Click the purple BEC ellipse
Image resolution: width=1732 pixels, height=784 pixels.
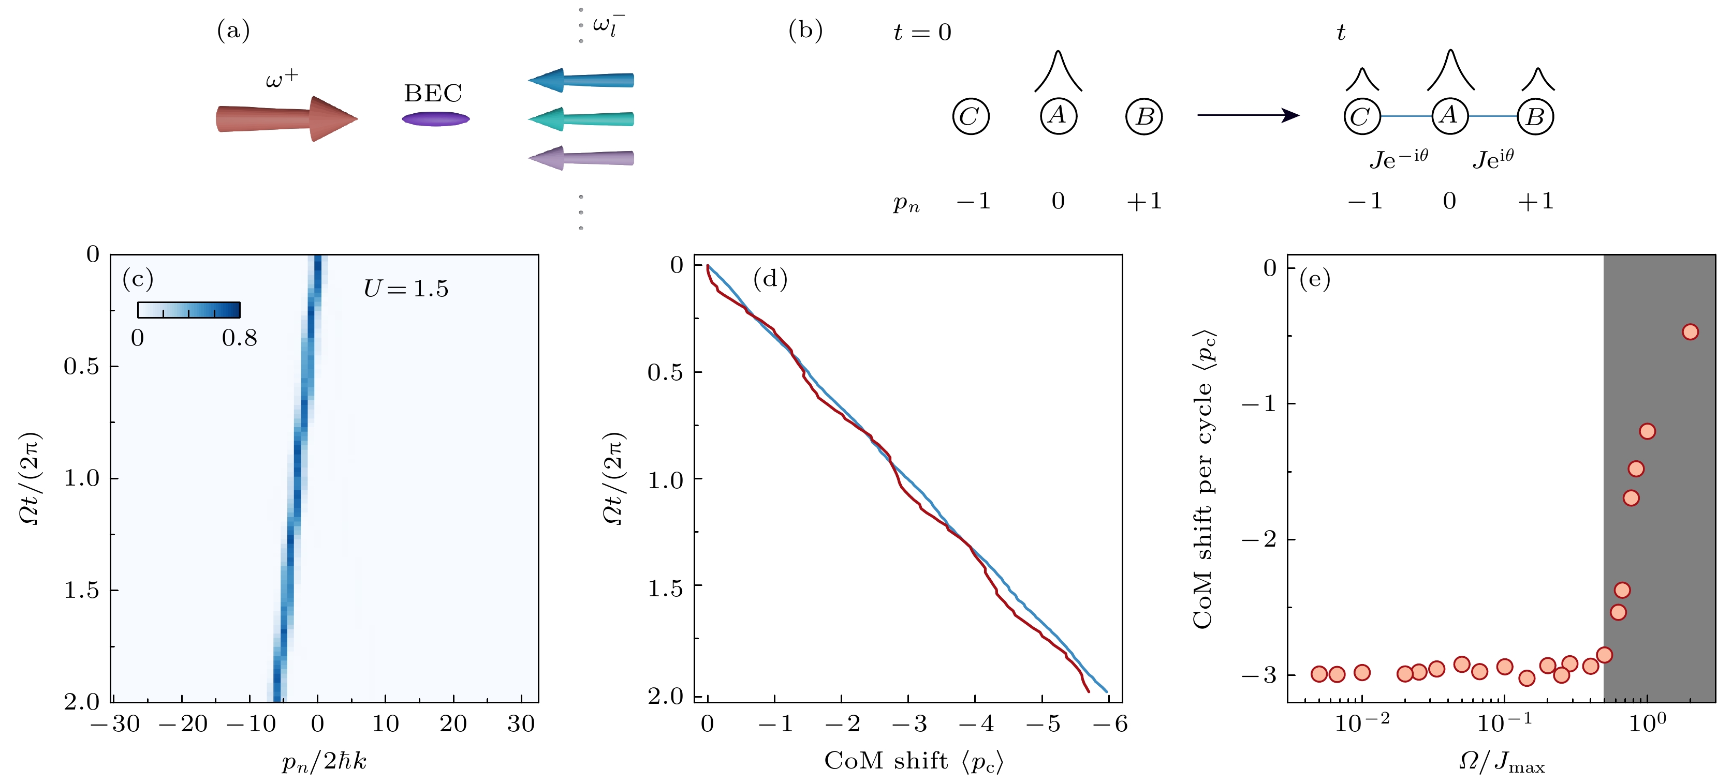436,119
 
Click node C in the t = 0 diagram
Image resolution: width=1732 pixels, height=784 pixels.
970,117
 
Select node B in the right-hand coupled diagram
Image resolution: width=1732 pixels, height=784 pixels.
1535,117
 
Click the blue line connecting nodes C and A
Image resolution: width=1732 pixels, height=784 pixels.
1405,116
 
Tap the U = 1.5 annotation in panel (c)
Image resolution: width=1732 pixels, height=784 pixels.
405,289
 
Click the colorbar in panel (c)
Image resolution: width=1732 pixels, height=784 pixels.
189,310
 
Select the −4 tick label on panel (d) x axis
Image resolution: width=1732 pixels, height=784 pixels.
976,724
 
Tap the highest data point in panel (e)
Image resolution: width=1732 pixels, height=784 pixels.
1690,332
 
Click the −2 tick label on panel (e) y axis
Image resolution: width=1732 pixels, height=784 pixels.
1259,539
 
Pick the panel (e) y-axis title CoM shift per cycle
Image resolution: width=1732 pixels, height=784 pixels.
1203,480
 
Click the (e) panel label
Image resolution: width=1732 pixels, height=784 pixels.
1314,278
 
